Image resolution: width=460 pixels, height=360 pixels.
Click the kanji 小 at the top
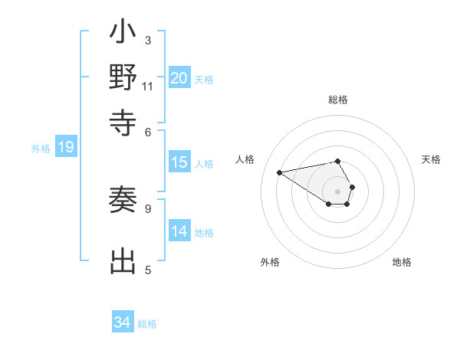tap(123, 34)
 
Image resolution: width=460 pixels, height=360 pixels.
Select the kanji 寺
tap(123, 121)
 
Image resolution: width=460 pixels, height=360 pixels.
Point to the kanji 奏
tap(123, 201)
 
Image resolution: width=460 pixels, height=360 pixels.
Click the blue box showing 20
tap(179, 78)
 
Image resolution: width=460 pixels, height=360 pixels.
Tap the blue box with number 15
tap(179, 162)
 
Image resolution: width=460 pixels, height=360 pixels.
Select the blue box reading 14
tap(179, 232)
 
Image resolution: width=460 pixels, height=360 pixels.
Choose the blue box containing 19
tap(66, 148)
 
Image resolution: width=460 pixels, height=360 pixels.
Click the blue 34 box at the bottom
tap(123, 322)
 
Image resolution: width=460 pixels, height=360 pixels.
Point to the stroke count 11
tap(148, 86)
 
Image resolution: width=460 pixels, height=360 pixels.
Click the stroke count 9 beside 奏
tap(148, 208)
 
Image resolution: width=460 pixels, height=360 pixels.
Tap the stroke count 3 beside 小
tap(148, 40)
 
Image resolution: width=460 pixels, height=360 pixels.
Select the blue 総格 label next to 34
tap(147, 324)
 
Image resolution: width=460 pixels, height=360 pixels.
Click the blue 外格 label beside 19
tap(41, 149)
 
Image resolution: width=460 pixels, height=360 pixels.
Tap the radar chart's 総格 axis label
tap(338, 100)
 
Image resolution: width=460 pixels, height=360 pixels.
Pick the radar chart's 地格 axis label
tap(402, 262)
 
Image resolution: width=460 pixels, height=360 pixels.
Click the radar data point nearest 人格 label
tap(280, 172)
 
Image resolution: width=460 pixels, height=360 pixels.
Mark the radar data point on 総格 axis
tap(338, 161)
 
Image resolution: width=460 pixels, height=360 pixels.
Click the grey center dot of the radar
tap(338, 191)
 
